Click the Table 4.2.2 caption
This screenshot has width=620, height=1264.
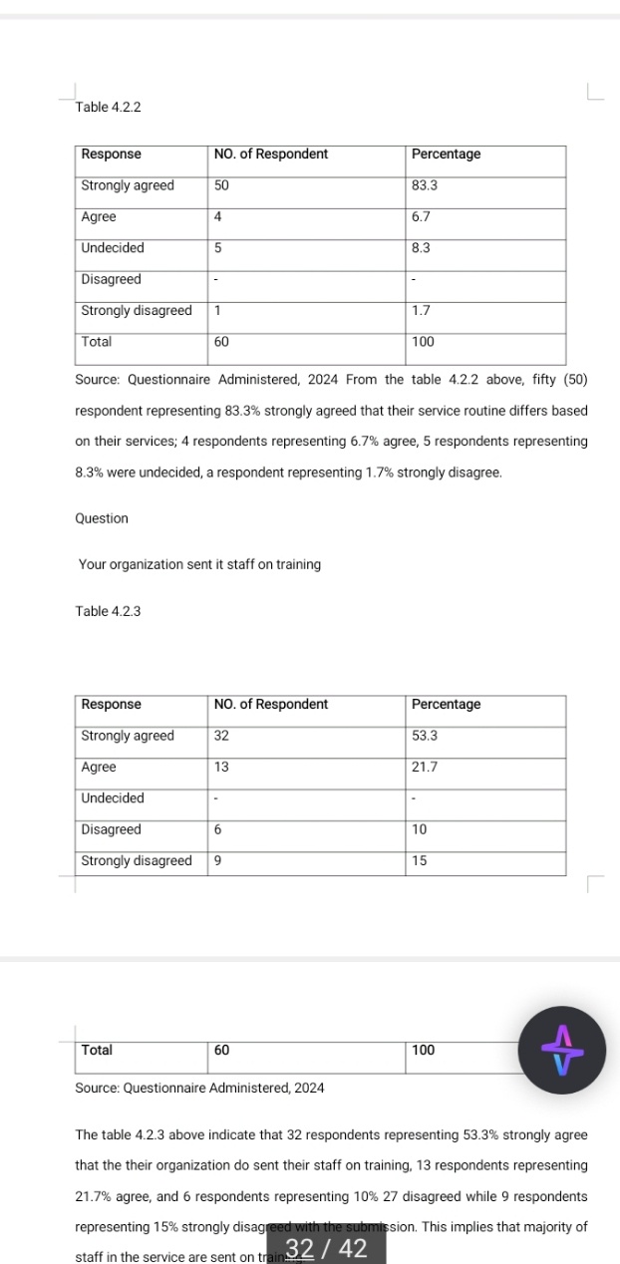pyautogui.click(x=108, y=107)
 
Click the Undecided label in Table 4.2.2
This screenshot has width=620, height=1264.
pyautogui.click(x=113, y=248)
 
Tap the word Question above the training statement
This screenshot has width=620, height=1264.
pyautogui.click(x=102, y=518)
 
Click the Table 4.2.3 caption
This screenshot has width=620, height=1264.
pyautogui.click(x=108, y=611)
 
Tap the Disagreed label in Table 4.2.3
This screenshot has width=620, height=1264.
pyautogui.click(x=111, y=829)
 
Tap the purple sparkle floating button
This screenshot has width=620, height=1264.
pyautogui.click(x=563, y=1052)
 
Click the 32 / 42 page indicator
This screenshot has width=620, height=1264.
pyautogui.click(x=326, y=1248)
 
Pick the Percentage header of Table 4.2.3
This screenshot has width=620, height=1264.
pyautogui.click(x=446, y=705)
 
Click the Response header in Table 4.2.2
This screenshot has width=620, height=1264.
pyautogui.click(x=111, y=155)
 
